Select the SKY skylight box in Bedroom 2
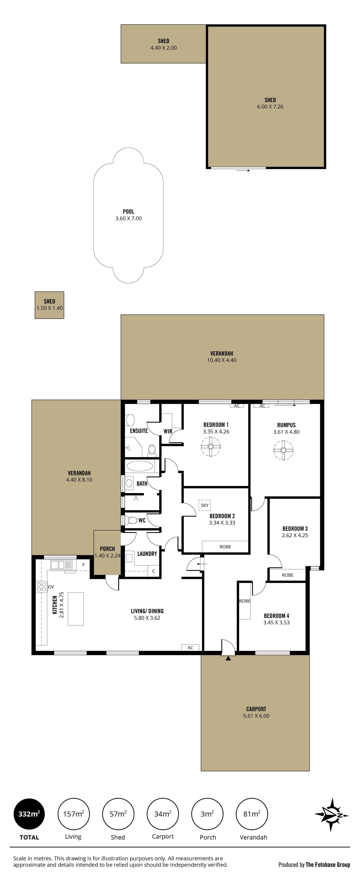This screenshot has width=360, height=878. coord(204,505)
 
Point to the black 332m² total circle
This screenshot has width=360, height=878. coord(29,814)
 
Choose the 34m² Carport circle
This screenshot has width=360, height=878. coord(163,814)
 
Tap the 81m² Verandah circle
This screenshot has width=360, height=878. coord(252,814)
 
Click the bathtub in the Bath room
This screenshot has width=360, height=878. coord(140,466)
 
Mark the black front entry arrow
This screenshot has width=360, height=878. coord(228,658)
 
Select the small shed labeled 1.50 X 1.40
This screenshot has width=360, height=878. coord(49,305)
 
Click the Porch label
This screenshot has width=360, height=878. coord(107,549)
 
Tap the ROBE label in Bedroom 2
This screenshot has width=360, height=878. coord(225,547)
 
